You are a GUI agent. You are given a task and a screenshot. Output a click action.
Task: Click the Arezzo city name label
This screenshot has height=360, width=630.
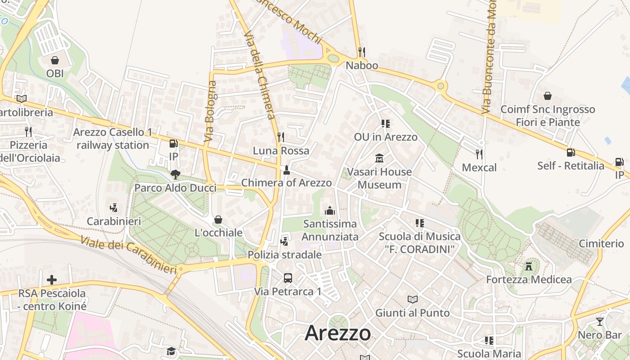[338, 333]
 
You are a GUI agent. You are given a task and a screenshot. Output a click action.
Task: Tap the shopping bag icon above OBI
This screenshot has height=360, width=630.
[55, 60]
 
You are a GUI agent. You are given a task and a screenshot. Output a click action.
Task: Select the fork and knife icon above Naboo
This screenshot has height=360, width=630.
[361, 52]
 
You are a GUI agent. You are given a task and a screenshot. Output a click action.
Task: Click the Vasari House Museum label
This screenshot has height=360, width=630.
[379, 178]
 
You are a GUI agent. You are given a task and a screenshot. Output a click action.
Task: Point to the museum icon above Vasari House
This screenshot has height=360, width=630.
[379, 158]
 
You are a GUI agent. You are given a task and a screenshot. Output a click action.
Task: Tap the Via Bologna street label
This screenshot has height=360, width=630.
[210, 112]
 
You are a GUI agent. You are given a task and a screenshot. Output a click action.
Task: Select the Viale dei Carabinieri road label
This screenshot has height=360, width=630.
[129, 255]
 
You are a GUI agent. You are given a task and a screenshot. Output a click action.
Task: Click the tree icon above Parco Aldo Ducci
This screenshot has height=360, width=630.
[175, 175]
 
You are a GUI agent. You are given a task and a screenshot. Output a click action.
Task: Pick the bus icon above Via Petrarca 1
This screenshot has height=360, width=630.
[288, 278]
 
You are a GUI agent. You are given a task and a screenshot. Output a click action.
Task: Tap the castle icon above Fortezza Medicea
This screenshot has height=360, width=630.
[529, 266]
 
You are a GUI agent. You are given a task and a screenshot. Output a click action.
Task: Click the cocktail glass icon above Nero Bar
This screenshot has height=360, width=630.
[599, 321]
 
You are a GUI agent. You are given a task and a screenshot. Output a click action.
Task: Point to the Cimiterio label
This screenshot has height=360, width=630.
[601, 243]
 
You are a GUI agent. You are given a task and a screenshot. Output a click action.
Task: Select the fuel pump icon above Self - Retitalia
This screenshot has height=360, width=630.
[571, 153]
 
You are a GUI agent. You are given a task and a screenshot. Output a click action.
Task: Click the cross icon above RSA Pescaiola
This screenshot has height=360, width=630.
[52, 280]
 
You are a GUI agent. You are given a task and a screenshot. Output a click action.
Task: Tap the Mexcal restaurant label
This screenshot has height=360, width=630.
[479, 168]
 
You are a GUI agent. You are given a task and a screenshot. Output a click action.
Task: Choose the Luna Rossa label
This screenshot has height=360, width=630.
[281, 150]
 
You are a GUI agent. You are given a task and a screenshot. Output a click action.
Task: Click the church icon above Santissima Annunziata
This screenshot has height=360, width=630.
[330, 211]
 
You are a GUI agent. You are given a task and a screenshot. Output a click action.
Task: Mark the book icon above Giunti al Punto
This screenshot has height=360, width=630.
[412, 299]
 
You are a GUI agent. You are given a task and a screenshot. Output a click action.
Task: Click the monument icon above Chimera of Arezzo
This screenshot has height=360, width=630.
[286, 170]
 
